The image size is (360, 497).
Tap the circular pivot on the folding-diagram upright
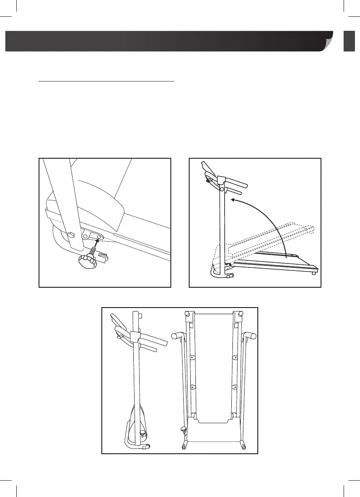tap(222, 189)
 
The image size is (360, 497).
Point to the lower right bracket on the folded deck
tap(235, 387)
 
